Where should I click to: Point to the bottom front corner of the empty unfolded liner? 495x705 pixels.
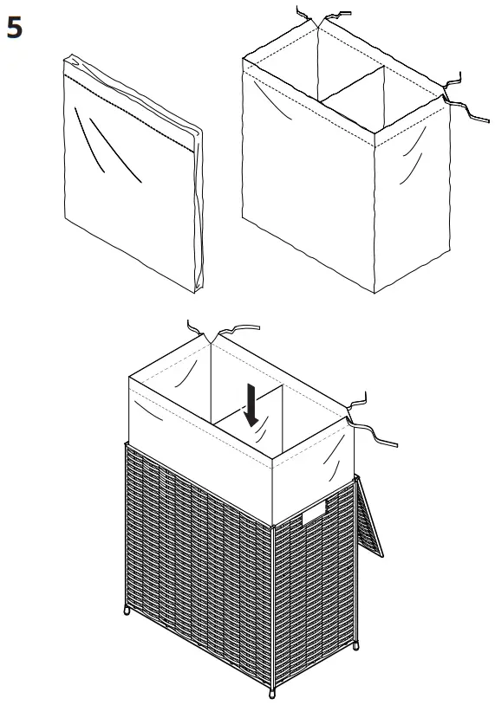[x=375, y=292]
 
